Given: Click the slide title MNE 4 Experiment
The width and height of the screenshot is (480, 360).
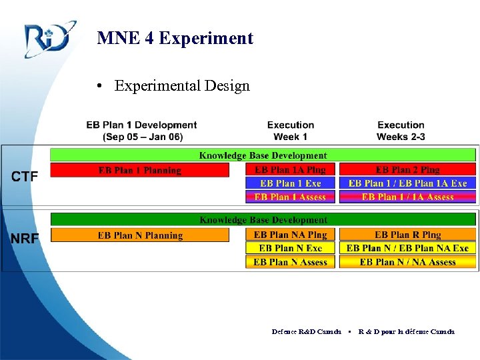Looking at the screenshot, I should coord(175,38).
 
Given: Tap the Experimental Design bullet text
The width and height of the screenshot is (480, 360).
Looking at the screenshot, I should coord(181,86).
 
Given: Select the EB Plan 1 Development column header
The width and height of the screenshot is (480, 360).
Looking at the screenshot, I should coord(141,131).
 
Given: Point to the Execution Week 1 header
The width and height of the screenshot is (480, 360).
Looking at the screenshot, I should coord(291,131).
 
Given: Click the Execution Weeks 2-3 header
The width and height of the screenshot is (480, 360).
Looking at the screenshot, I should coord(401,131).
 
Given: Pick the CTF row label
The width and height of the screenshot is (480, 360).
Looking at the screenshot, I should coord(25,177).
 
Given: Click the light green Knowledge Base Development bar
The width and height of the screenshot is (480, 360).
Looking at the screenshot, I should coord(263,155).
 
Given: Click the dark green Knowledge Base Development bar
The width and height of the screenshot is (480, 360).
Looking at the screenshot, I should coord(263,219).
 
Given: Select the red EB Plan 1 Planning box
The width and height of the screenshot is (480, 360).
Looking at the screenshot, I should coord(140,170).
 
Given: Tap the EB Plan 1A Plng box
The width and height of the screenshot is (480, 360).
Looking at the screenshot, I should coord(291,170).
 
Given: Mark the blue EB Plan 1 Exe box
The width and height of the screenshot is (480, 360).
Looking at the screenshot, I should coord(291,183).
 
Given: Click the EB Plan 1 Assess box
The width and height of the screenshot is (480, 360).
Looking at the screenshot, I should coord(291,197).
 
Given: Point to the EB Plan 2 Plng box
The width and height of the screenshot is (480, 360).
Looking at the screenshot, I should coord(407,170).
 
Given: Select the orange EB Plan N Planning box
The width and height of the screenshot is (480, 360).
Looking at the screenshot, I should coord(140,235).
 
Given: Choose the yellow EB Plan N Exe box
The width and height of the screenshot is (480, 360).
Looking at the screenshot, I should coord(291,248).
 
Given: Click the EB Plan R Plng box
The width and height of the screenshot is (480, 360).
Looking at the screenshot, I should coord(407,235).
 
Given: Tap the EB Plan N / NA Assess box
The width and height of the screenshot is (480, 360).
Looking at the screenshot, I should coord(407,262).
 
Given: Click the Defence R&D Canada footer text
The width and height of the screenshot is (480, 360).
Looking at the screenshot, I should coord(307,331).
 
